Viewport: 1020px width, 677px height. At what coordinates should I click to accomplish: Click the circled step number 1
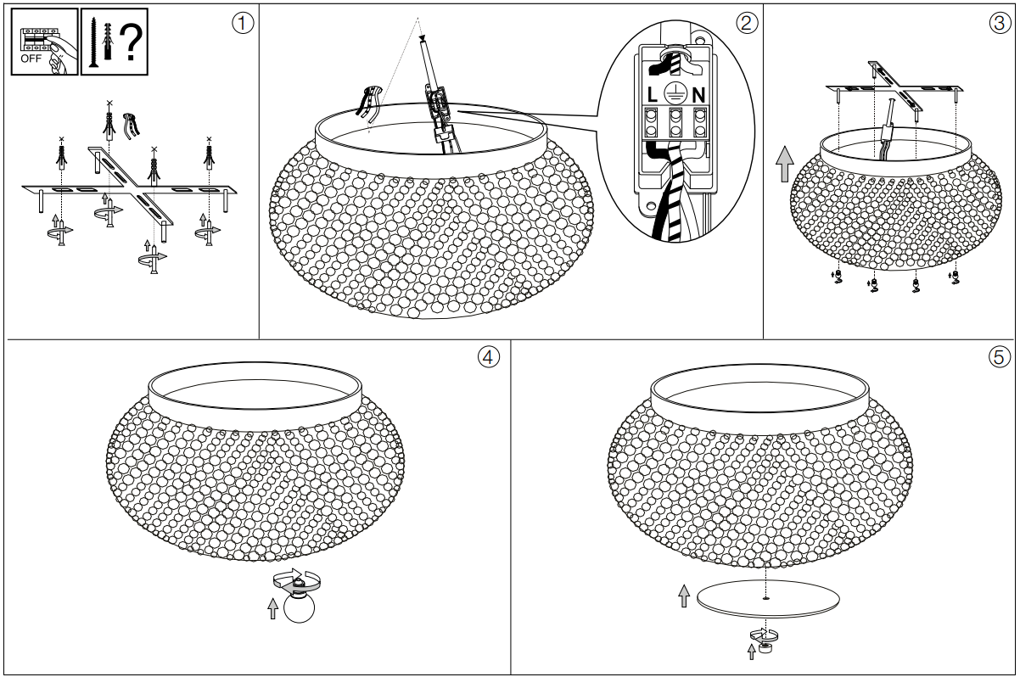[x=243, y=23]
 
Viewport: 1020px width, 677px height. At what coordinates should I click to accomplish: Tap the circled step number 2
[x=747, y=23]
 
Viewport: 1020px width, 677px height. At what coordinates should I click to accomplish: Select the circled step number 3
[x=1000, y=23]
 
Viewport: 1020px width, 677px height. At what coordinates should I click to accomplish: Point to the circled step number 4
[x=488, y=357]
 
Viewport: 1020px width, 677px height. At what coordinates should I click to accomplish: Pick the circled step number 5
[x=999, y=357]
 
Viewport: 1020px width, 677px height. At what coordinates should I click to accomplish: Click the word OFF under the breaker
[x=31, y=59]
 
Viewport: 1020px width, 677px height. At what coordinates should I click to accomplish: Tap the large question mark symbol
[x=132, y=42]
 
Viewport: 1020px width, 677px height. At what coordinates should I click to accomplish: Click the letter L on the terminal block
[x=652, y=95]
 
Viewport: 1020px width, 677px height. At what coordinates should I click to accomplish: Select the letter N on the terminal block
[x=698, y=95]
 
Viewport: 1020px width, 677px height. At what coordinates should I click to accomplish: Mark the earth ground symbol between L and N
[x=675, y=94]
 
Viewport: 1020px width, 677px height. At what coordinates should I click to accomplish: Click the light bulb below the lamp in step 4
[x=300, y=607]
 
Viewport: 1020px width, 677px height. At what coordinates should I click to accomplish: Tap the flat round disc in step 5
[x=768, y=599]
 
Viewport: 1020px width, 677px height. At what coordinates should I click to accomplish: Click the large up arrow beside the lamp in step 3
[x=785, y=164]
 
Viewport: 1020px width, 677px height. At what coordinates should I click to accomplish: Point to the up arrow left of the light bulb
[x=272, y=609]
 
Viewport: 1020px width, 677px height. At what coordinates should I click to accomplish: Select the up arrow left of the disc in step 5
[x=683, y=596]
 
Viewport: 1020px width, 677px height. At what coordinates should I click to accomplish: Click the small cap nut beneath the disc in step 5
[x=765, y=647]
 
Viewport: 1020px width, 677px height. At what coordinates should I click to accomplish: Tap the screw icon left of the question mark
[x=94, y=42]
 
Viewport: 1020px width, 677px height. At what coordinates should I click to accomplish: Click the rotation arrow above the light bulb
[x=296, y=580]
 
